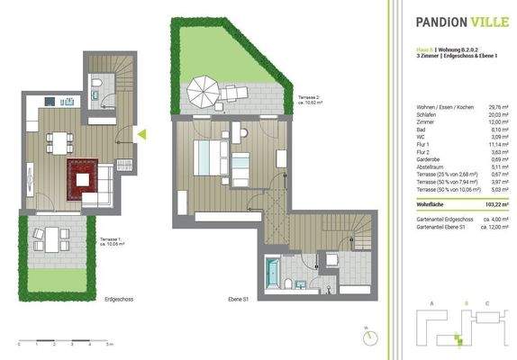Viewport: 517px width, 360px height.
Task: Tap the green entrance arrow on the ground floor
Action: click(141, 135)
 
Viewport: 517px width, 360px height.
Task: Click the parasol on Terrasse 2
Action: click(204, 87)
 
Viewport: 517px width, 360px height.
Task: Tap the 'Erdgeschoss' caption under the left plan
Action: click(119, 297)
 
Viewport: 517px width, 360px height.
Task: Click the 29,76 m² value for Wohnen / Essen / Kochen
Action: click(495, 106)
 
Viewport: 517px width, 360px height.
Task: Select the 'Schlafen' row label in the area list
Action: click(424, 114)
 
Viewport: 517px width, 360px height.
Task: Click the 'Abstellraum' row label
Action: click(428, 166)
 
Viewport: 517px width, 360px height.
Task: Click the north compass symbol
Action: click(368, 336)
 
